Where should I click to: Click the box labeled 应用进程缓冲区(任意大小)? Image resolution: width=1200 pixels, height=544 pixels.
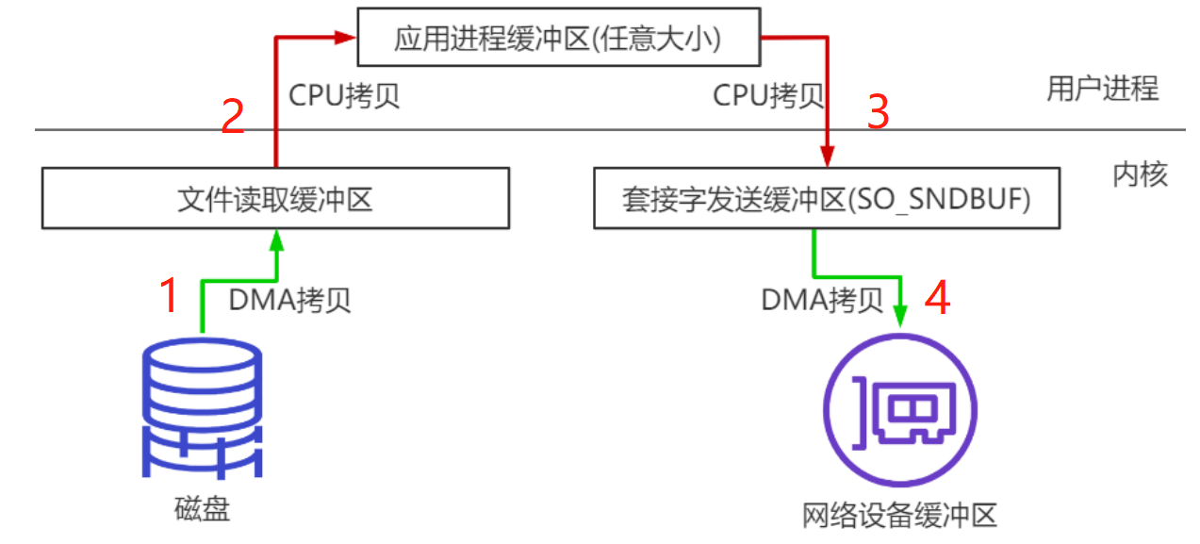pyautogui.click(x=559, y=39)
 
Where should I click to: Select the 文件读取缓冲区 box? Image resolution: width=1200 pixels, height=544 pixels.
pyautogui.click(x=275, y=198)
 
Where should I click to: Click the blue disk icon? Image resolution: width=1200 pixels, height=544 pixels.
pyautogui.click(x=203, y=408)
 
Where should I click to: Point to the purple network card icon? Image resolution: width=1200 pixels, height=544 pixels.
pyautogui.click(x=900, y=411)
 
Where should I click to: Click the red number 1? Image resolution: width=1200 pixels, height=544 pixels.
pyautogui.click(x=169, y=296)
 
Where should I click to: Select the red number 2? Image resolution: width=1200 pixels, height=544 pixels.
pyautogui.click(x=233, y=117)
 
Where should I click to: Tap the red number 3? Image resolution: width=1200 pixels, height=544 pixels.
pyautogui.click(x=878, y=113)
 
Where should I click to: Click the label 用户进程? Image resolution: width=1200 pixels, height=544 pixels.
pyautogui.click(x=1102, y=89)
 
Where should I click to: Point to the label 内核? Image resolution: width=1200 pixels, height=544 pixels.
pyautogui.click(x=1140, y=174)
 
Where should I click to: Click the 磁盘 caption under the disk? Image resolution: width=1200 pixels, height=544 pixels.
pyautogui.click(x=203, y=510)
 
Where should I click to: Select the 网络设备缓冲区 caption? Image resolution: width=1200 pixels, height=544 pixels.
pyautogui.click(x=899, y=516)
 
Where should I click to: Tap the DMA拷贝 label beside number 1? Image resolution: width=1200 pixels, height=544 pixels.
pyautogui.click(x=290, y=300)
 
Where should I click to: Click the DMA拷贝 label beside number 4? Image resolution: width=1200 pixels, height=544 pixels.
pyautogui.click(x=822, y=300)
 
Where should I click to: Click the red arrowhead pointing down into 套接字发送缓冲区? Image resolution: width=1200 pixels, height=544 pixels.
pyautogui.click(x=827, y=156)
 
